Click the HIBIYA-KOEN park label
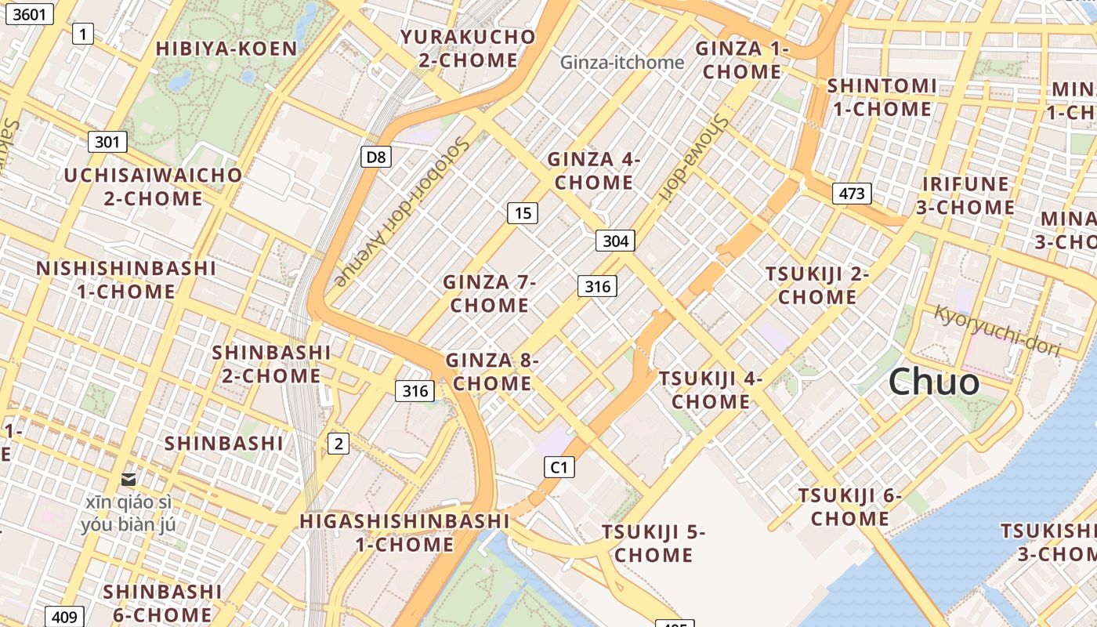226,49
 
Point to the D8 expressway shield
376,157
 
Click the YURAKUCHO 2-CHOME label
468,49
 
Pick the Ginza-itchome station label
622,62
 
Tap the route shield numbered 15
523,212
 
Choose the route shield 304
615,241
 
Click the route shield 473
852,193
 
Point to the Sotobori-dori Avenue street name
401,212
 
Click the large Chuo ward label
934,382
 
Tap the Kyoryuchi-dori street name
997,330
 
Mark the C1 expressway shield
559,468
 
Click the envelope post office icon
128,479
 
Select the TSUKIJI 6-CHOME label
850,507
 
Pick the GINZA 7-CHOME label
490,293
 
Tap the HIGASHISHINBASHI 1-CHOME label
405,532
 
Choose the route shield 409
64,617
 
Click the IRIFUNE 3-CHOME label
966,196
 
